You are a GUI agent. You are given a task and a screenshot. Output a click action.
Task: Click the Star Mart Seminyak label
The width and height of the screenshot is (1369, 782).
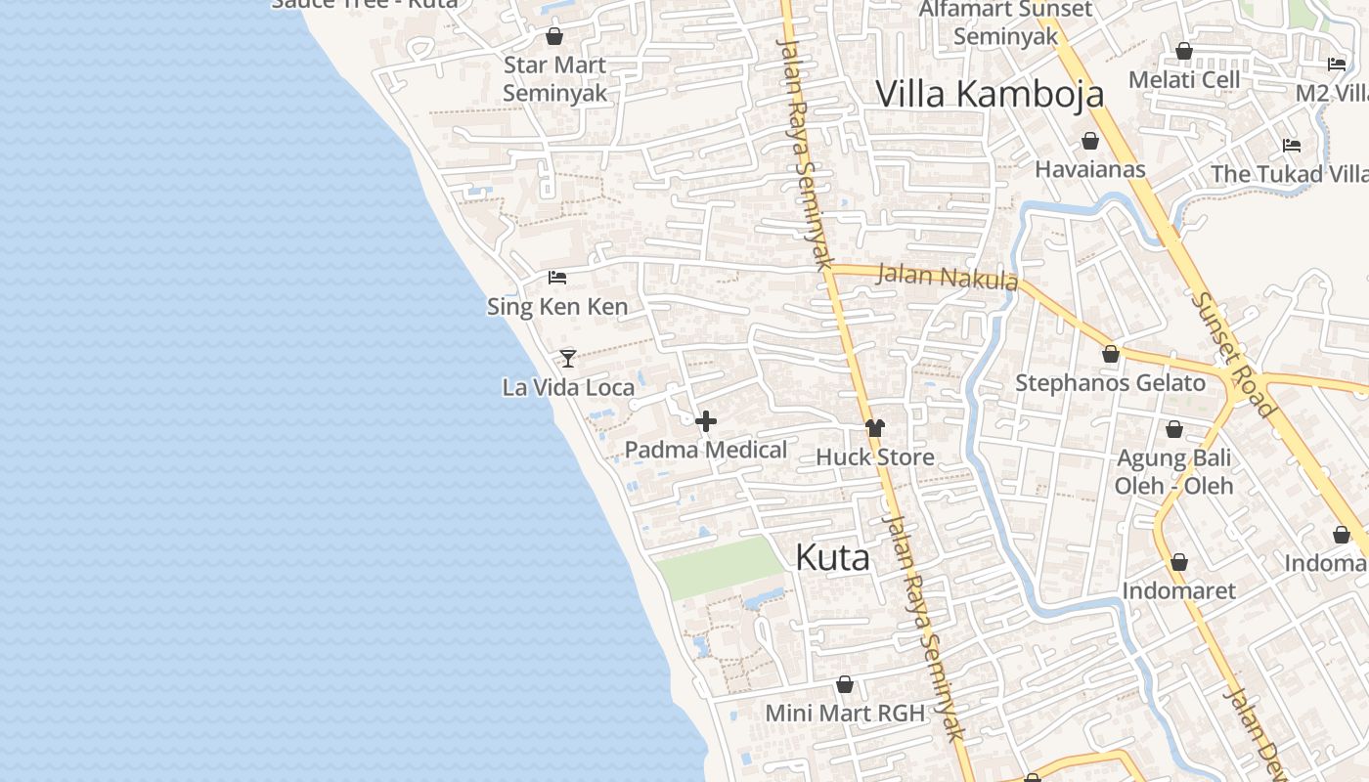pyautogui.click(x=554, y=79)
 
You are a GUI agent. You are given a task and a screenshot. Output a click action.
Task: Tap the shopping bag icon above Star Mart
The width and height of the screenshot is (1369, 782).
pyautogui.click(x=554, y=37)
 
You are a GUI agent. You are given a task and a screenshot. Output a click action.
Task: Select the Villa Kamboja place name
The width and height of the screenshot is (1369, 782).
pyautogui.click(x=990, y=94)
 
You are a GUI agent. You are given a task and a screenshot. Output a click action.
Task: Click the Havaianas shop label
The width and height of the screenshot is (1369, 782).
pyautogui.click(x=1089, y=169)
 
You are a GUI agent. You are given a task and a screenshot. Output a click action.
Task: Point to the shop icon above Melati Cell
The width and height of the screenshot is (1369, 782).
pyautogui.click(x=1184, y=51)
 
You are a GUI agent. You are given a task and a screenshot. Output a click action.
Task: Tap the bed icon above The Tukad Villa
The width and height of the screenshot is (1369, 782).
pyautogui.click(x=1292, y=146)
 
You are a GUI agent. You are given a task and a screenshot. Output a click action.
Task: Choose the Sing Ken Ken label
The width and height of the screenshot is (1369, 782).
pyautogui.click(x=557, y=307)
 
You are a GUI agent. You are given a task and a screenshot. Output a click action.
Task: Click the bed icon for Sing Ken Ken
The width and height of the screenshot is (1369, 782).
pyautogui.click(x=557, y=278)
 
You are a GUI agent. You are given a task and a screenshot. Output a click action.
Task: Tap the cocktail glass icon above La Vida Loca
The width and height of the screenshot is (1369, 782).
pyautogui.click(x=568, y=358)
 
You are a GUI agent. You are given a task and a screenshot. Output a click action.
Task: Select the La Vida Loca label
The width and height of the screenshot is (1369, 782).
pyautogui.click(x=568, y=387)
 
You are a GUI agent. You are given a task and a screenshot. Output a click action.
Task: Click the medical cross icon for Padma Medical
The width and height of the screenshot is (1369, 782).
pyautogui.click(x=706, y=421)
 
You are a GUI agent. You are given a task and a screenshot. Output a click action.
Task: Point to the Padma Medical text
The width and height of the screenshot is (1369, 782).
pyautogui.click(x=706, y=450)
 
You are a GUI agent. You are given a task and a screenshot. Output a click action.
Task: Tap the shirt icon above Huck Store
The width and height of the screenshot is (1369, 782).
pyautogui.click(x=875, y=428)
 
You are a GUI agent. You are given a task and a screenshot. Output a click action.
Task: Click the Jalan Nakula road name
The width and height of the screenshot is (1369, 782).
pyautogui.click(x=947, y=277)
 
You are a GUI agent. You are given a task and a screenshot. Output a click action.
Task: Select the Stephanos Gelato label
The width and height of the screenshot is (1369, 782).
pyautogui.click(x=1110, y=382)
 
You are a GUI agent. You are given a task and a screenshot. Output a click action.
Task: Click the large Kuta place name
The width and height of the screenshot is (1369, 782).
pyautogui.click(x=832, y=557)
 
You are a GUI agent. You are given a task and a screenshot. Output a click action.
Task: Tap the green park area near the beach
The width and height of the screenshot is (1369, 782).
pyautogui.click(x=719, y=567)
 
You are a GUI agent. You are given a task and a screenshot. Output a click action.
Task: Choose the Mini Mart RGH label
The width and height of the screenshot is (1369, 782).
pyautogui.click(x=845, y=713)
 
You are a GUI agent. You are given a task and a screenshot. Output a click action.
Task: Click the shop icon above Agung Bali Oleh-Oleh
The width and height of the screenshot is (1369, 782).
pyautogui.click(x=1174, y=429)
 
